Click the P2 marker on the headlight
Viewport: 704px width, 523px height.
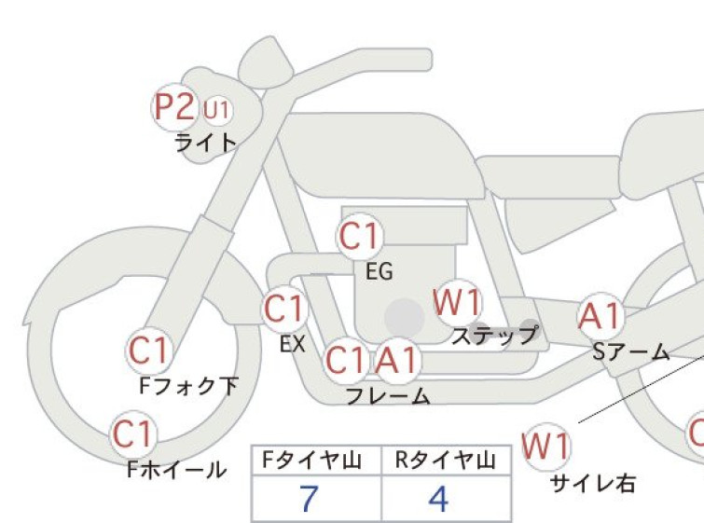pos(174,107)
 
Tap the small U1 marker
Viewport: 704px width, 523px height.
pos(217,109)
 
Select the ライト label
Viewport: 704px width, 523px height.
pos(206,143)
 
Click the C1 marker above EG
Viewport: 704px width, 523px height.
pos(360,236)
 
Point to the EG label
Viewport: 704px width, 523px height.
pos(380,271)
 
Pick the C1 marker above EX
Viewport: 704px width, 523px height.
pos(284,309)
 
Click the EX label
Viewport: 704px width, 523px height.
pos(293,344)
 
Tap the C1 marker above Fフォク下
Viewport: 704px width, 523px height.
pos(148,351)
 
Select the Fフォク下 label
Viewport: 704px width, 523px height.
pos(188,386)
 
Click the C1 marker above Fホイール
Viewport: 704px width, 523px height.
pos(133,434)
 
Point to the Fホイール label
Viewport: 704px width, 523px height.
pos(176,470)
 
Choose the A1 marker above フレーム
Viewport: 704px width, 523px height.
pos(397,361)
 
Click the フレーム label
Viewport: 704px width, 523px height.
pos(388,396)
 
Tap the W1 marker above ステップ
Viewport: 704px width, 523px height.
pos(458,302)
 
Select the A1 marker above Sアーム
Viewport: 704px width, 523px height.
pos(600,316)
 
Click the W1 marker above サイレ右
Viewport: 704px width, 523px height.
pos(546,446)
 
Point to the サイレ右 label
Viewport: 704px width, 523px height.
pos(593,484)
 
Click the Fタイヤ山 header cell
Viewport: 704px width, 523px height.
pos(316,461)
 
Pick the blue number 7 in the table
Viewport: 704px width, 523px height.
pos(309,499)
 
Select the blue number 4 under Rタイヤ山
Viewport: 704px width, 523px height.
pos(438,499)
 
